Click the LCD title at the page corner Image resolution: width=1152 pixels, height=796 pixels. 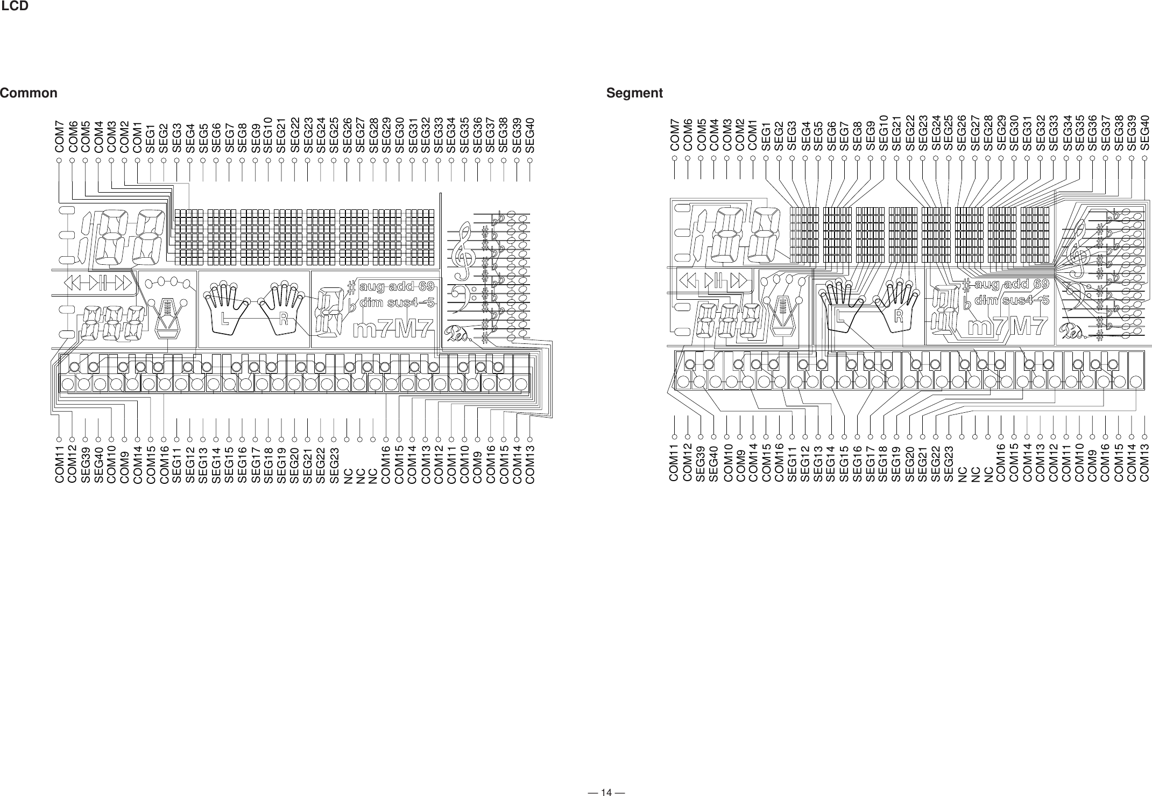[15, 6]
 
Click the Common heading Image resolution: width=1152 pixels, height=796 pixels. [29, 93]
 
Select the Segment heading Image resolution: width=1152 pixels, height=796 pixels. [634, 93]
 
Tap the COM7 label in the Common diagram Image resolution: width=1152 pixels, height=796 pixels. [60, 137]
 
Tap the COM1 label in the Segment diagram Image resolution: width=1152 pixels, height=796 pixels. [753, 137]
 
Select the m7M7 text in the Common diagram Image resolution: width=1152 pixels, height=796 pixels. [393, 330]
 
